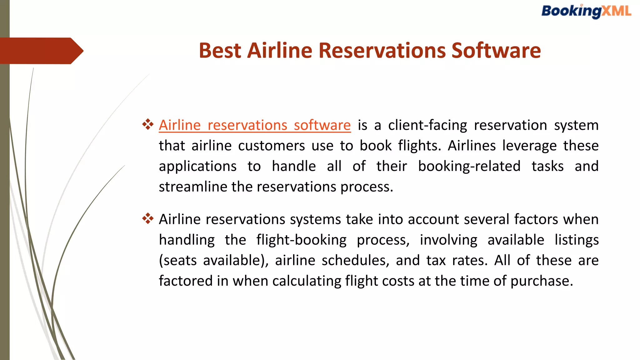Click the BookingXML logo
(586, 12)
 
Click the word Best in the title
(220, 51)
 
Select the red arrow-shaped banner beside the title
(41, 51)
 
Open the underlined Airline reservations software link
(254, 125)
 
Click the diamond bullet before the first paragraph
(148, 124)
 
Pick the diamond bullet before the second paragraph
(148, 218)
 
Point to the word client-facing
(427, 125)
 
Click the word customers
(271, 146)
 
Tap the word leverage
(529, 146)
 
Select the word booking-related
(469, 166)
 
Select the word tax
(436, 261)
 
